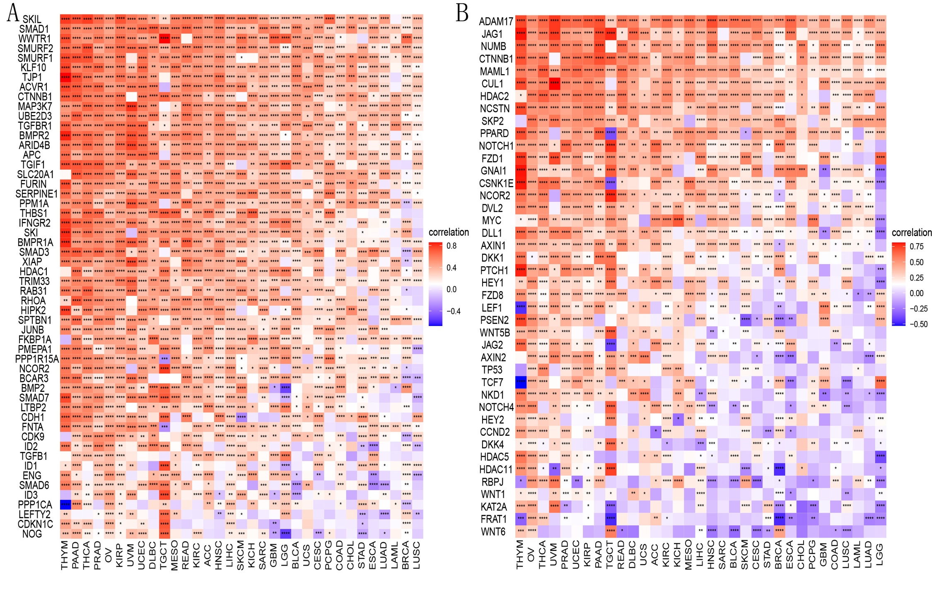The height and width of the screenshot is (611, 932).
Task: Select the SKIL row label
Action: click(x=31, y=19)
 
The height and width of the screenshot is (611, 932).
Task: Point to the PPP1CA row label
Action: click(x=35, y=505)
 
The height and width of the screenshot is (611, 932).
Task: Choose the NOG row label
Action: click(x=32, y=534)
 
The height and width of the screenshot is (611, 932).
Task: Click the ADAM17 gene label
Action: click(x=496, y=21)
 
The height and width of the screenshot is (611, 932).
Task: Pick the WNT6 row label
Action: click(x=493, y=531)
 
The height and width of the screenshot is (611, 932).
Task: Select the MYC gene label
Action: click(x=492, y=220)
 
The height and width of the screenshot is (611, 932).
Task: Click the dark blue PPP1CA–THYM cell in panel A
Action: click(x=65, y=504)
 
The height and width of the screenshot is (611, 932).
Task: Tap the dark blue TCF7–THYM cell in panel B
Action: click(x=521, y=382)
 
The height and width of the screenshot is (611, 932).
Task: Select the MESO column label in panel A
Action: click(x=174, y=555)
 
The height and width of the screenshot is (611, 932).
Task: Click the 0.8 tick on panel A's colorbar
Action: click(x=452, y=246)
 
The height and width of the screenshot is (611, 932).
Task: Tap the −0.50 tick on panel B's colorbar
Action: click(x=919, y=324)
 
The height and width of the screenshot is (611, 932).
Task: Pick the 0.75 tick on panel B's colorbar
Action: click(x=917, y=246)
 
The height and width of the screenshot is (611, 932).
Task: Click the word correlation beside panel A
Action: click(x=449, y=232)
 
